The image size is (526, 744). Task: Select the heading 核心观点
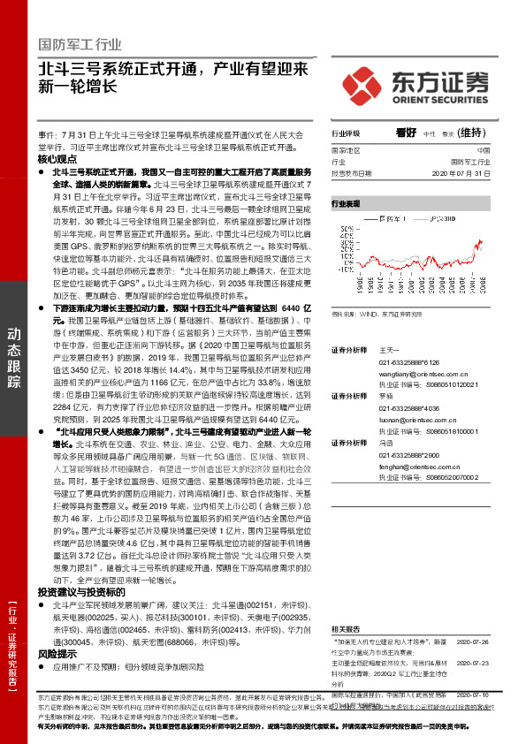(x=57, y=159)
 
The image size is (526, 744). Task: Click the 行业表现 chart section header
(x=347, y=203)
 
